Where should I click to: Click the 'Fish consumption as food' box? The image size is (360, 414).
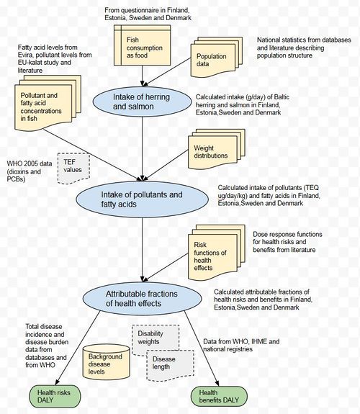pos(142,45)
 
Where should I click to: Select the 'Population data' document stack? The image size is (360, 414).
pos(217,57)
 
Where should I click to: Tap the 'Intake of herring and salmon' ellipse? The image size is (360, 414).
pos(142,102)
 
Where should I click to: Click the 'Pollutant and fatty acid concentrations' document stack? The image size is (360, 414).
pos(48,103)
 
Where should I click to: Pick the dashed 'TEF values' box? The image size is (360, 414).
pos(73,168)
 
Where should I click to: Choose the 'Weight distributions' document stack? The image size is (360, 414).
pos(217,149)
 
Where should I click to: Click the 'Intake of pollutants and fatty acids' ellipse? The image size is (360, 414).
pos(142,199)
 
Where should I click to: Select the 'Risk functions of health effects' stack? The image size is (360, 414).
pos(217,252)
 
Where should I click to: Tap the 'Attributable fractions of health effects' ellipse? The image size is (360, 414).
pos(142,298)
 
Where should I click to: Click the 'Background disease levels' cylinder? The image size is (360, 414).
pos(106,361)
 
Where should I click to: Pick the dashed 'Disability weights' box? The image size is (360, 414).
pos(156,339)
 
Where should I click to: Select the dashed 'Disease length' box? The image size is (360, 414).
pos(171,366)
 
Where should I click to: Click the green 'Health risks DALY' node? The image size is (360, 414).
pos(55,396)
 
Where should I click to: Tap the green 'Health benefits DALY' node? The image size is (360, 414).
pos(219,397)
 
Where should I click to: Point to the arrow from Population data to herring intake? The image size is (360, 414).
pos(166,72)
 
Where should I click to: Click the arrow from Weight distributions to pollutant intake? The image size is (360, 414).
pos(166,166)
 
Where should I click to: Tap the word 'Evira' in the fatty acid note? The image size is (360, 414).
pos(26,55)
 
